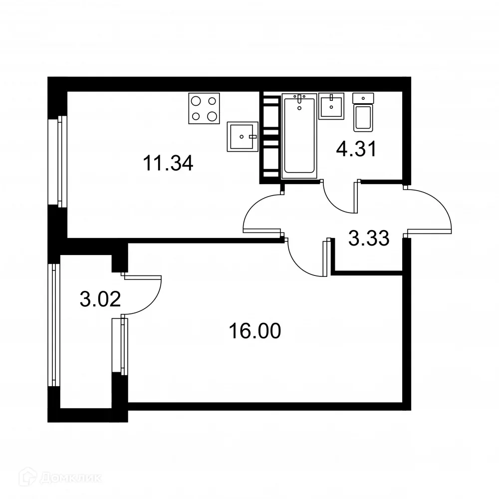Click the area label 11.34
click(x=168, y=163)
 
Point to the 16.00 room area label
click(x=254, y=330)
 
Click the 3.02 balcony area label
click(x=100, y=300)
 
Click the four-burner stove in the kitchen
click(x=205, y=108)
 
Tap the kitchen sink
click(x=243, y=136)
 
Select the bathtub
click(x=299, y=136)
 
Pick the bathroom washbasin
click(x=331, y=105)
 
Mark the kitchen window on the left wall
click(x=61, y=161)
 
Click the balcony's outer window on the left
click(x=53, y=324)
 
